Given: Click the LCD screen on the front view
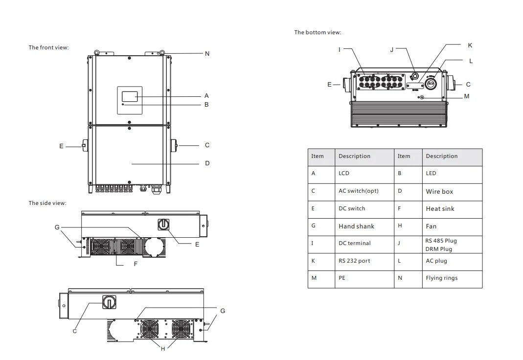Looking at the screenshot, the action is [130, 97].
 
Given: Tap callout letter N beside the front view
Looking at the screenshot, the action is [207, 54].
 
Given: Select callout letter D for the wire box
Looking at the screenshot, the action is [207, 163].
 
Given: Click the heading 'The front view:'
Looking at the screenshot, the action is [49, 47].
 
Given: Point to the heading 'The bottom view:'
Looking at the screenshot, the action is [318, 32].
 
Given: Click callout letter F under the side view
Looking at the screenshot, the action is [136, 264].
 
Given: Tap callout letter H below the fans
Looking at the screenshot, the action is [163, 349].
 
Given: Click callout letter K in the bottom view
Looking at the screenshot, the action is [470, 45].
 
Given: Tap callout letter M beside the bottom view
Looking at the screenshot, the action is [467, 96].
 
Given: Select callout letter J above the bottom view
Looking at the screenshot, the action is [392, 50].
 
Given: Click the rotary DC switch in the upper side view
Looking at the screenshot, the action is [163, 225].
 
